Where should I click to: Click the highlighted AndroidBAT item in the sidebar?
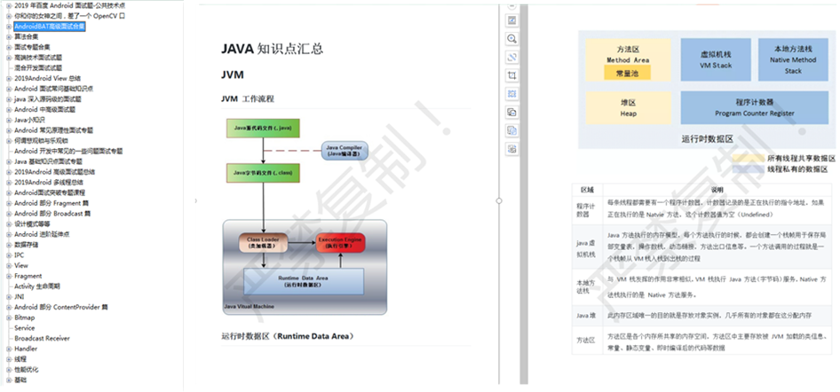pyautogui.click(x=49, y=27)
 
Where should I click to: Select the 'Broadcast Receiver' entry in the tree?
pyautogui.click(x=42, y=338)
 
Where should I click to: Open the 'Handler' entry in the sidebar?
pyautogui.click(x=26, y=349)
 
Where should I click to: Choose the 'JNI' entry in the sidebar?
pyautogui.click(x=20, y=296)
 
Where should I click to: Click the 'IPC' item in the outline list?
pyautogui.click(x=19, y=255)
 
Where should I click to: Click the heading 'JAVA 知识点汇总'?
pyautogui.click(x=272, y=49)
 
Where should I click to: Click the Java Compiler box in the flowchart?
pyautogui.click(x=345, y=151)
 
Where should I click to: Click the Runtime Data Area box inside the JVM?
pyautogui.click(x=305, y=282)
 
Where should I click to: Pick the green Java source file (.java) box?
pyautogui.click(x=263, y=129)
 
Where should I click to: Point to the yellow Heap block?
pyautogui.click(x=628, y=108)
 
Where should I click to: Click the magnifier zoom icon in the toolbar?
pyautogui.click(x=512, y=39)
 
